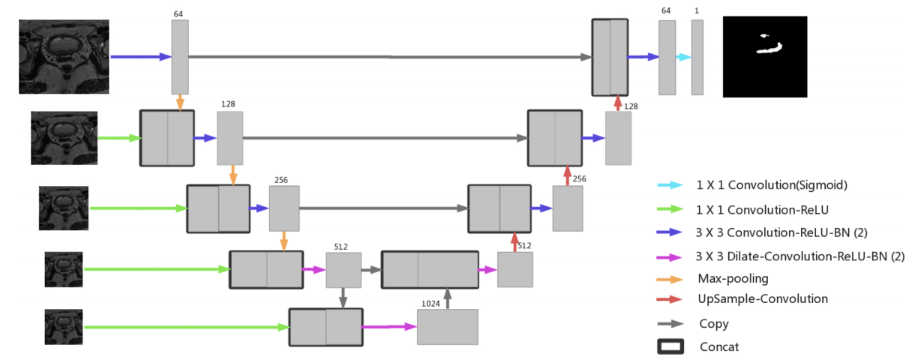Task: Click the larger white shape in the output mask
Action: click(x=770, y=49)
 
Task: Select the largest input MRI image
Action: click(x=64, y=57)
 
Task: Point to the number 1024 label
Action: click(x=430, y=304)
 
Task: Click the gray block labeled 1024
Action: click(x=447, y=327)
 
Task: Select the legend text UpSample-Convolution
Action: click(x=762, y=298)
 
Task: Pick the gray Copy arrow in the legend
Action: click(x=670, y=324)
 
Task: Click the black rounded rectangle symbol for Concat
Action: click(x=670, y=346)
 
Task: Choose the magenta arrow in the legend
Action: click(x=670, y=256)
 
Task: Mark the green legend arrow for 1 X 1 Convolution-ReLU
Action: click(x=670, y=209)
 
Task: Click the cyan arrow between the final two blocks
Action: click(x=683, y=57)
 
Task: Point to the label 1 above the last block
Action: click(x=697, y=10)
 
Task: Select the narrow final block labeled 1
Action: click(x=697, y=57)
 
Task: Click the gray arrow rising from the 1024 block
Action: click(x=448, y=298)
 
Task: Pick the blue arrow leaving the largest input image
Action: click(x=140, y=56)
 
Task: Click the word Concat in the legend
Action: click(x=718, y=346)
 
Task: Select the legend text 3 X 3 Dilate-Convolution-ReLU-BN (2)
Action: click(x=800, y=256)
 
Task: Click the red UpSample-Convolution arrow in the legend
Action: click(x=670, y=298)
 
